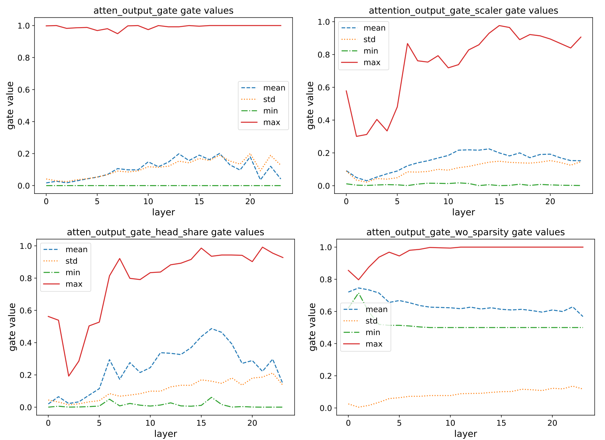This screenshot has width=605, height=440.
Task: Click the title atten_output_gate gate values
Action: pos(163,11)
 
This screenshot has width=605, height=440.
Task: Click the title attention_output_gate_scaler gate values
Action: pos(463,11)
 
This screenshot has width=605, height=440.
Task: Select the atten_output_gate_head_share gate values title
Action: pos(165,232)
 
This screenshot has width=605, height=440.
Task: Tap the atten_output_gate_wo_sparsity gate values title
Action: pos(466,232)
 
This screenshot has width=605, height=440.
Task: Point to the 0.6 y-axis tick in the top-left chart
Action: pos(24,90)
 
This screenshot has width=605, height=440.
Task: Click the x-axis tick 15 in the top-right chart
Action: pos(499,201)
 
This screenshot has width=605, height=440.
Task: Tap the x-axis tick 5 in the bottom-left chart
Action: pos(99,423)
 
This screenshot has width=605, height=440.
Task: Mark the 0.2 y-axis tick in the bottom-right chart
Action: pos(326,376)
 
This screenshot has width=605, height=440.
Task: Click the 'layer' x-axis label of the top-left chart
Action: pos(163,212)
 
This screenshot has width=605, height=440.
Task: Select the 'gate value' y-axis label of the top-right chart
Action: pos(310,105)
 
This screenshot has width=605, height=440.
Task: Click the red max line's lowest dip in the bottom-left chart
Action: pos(69,376)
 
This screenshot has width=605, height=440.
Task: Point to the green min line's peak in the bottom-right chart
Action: pos(359,293)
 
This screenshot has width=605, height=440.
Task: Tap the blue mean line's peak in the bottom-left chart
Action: pos(211,329)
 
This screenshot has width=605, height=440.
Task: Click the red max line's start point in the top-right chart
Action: pos(346,91)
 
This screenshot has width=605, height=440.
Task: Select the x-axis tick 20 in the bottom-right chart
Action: pos(552,423)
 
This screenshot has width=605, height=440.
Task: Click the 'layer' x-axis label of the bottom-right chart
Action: pos(466,434)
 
